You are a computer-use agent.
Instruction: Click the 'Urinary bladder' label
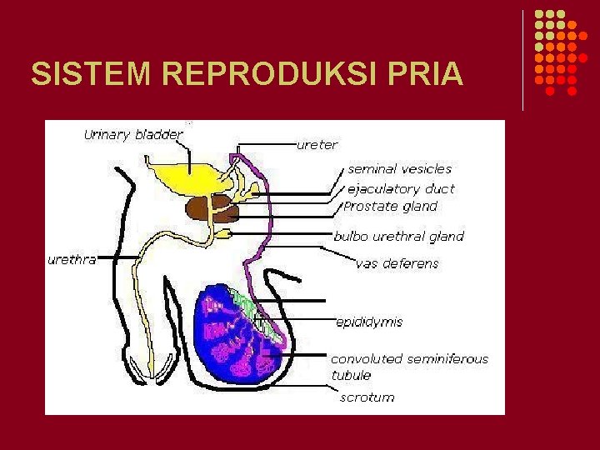pyautogui.click(x=134, y=135)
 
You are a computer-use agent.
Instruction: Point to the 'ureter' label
pyautogui.click(x=317, y=145)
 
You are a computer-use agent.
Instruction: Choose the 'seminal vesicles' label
pyautogui.click(x=399, y=169)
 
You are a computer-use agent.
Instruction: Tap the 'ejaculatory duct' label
pyautogui.click(x=401, y=188)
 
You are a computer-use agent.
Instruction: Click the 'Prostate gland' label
pyautogui.click(x=390, y=206)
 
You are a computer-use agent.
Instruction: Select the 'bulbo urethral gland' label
pyautogui.click(x=398, y=236)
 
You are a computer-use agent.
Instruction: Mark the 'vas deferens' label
pyautogui.click(x=397, y=264)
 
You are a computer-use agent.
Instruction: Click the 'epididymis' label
pyautogui.click(x=369, y=321)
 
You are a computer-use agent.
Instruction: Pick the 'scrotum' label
pyautogui.click(x=367, y=397)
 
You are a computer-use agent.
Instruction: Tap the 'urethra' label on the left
pyautogui.click(x=72, y=259)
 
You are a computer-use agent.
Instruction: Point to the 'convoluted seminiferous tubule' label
pyautogui.click(x=408, y=367)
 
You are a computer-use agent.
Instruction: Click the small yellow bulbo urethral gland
pyautogui.click(x=223, y=234)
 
